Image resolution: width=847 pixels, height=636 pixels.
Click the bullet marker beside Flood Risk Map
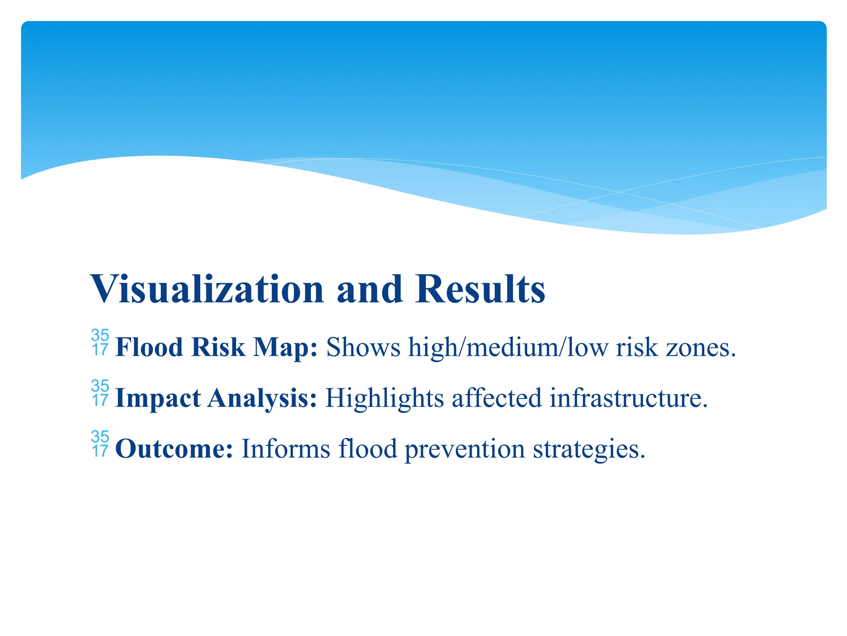100,342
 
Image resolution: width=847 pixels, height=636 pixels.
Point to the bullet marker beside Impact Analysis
100,393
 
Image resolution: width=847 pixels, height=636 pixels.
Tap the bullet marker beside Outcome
100,444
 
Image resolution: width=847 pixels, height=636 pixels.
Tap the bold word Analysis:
262,398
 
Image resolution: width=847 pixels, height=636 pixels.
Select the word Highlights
384,398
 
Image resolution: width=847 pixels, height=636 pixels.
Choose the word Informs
286,449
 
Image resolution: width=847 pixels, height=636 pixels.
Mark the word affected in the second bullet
496,398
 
